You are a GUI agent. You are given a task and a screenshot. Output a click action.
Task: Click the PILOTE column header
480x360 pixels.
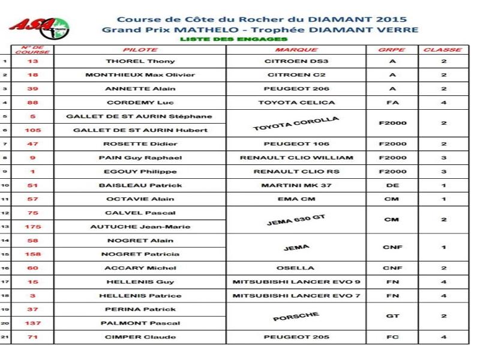point(140,50)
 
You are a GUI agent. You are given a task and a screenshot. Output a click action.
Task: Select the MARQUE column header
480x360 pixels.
point(296,50)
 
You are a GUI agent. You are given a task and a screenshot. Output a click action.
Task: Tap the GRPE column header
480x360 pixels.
point(392,50)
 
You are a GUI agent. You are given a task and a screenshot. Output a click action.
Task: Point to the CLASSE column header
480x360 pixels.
point(443,50)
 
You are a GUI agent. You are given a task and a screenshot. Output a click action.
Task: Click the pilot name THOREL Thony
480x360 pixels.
point(140,61)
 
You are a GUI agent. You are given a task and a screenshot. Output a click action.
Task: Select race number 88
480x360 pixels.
point(32,103)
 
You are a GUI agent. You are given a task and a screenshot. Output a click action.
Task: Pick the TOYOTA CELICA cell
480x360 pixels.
point(296,103)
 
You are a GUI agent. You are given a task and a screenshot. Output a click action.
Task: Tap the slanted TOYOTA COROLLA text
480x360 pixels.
point(296,124)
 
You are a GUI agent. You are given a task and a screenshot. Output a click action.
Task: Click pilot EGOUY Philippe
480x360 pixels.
point(140,172)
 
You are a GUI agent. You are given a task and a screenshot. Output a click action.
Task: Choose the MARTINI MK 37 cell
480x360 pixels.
point(296,185)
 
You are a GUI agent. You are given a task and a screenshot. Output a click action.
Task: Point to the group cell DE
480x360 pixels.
point(392,185)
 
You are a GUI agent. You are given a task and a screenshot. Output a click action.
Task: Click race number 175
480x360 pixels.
point(32,227)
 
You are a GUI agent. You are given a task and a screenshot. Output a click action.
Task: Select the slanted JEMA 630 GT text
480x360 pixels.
point(296,220)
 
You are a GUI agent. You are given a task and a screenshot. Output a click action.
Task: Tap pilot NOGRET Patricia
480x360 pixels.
point(140,254)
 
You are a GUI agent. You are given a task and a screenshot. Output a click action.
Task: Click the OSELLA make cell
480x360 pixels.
point(296,268)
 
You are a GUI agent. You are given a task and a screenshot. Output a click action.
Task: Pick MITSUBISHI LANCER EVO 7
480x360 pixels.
point(296,295)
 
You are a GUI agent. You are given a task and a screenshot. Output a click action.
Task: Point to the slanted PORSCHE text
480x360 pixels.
point(296,316)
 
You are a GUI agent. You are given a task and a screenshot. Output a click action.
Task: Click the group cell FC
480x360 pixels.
point(392,337)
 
